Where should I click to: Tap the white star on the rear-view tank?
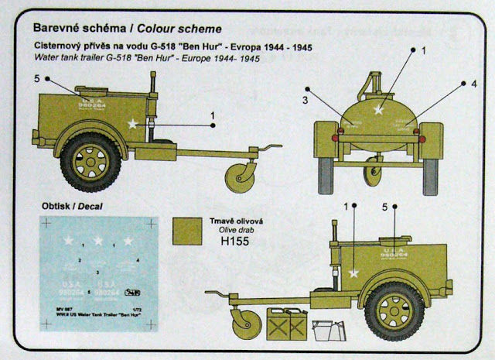(377, 111)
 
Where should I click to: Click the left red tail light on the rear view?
(337, 137)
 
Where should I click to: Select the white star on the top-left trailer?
(133, 123)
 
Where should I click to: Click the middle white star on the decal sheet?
(98, 240)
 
